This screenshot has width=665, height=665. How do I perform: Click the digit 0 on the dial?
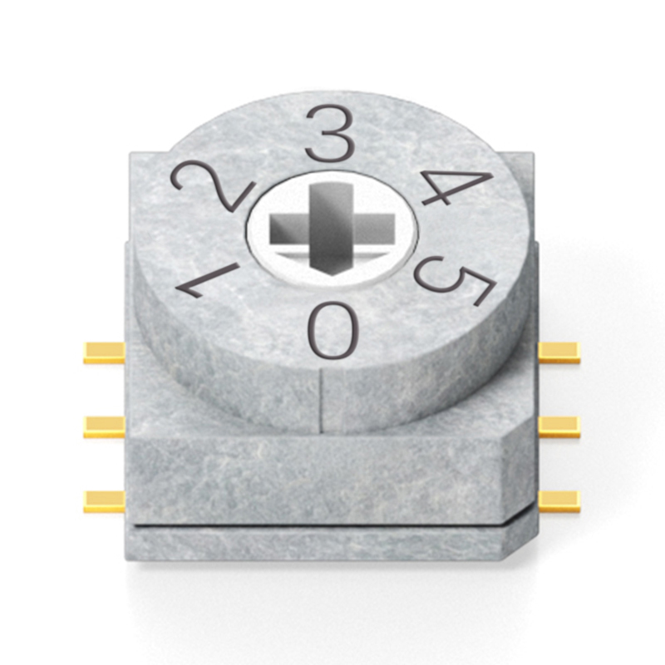pos(333,330)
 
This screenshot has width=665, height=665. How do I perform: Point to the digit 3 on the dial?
pos(331,134)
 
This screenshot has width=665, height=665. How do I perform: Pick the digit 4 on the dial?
pos(454,186)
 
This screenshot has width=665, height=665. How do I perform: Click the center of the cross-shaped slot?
pos(331,229)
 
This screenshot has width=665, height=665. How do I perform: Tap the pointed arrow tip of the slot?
pos(331,276)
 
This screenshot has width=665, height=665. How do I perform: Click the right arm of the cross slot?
pos(373,229)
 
